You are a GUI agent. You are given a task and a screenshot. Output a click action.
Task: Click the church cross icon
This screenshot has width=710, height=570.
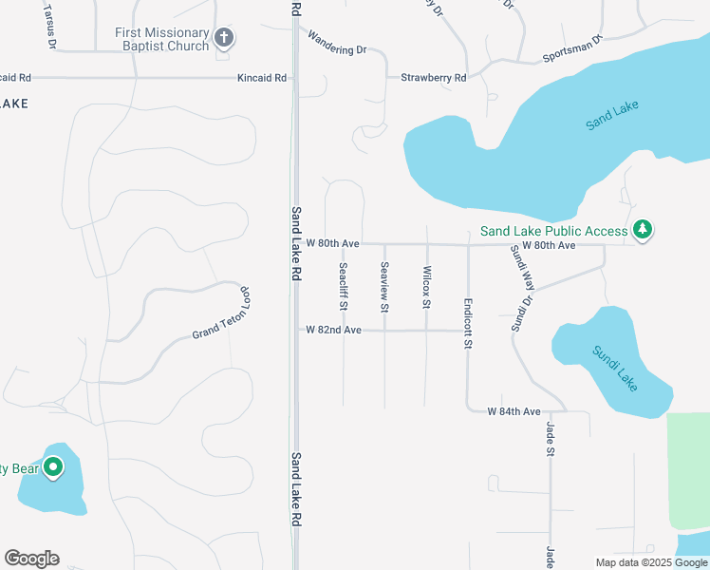pos(224,39)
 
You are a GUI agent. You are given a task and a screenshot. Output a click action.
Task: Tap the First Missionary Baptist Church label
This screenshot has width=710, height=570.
pos(163,39)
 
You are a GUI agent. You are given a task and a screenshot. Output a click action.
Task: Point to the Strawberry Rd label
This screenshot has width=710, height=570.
pos(433,78)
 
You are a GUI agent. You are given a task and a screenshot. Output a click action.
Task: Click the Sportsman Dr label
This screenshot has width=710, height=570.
pos(572,50)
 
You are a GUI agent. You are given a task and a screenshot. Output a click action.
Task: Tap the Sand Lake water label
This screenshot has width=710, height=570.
pos(612,116)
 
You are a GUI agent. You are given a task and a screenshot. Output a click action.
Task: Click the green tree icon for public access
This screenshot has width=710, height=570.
pos(644,230)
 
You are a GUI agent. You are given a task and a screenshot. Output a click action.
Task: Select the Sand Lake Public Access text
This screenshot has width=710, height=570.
pos(553,231)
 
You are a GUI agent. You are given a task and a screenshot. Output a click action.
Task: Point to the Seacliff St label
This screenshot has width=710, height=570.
pos(343,287)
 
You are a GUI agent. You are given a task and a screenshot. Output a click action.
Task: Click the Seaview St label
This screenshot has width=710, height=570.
pos(384,287)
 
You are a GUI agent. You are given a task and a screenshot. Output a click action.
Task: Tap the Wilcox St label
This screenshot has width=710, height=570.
pos(426,287)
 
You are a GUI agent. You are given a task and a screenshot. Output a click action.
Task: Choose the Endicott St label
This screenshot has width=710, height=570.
pos(468,323)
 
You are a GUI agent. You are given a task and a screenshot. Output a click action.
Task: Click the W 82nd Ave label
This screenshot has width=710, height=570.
pos(333,330)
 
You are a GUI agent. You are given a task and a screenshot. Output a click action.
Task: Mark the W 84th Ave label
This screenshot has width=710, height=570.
pos(514,411)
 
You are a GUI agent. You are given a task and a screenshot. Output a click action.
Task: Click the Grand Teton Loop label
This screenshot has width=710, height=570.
pos(220,313)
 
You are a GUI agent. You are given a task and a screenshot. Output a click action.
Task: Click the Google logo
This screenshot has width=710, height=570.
pos(31,559)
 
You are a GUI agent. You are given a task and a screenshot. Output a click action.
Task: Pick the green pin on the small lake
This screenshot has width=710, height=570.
pos(54,467)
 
